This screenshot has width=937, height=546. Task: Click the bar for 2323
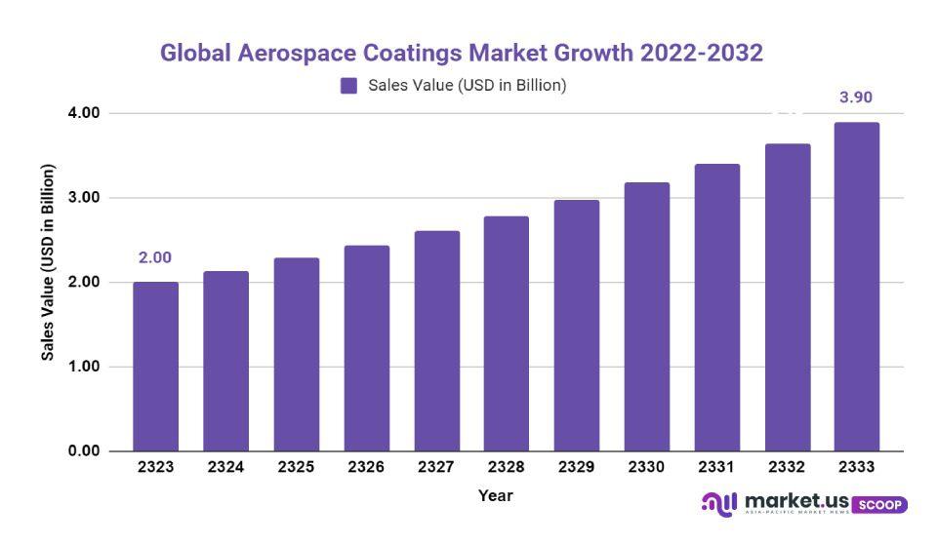point(155,367)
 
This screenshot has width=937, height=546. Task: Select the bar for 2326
point(366,348)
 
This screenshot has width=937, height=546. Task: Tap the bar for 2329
point(576,326)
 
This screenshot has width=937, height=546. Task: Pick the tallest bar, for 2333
point(856,287)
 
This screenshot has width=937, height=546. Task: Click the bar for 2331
point(716,307)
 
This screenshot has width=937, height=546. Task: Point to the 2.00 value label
point(155,258)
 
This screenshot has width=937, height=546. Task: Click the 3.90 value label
point(856,97)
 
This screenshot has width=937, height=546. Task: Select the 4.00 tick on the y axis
point(85,113)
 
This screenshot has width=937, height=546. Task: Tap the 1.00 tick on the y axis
point(85,367)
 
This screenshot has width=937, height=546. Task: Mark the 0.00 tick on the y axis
point(85,451)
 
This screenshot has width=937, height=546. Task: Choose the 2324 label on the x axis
point(225,468)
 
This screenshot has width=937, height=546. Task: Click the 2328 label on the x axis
point(506,468)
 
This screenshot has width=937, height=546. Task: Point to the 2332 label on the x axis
point(786,468)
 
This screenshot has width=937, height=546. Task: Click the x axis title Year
point(495,496)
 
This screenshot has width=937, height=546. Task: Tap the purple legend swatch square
point(348,86)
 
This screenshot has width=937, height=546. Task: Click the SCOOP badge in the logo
point(879,505)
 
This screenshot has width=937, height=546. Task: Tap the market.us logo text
point(794,501)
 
